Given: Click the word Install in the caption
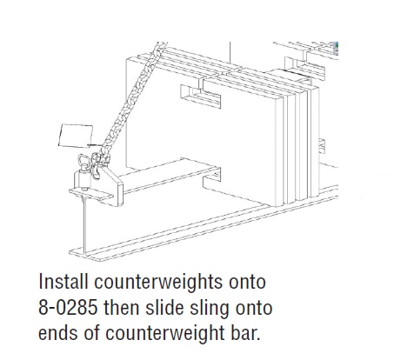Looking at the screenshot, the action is [63, 281].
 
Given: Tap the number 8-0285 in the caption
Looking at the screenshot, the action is [68, 307].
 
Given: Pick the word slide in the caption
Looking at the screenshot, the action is [164, 307].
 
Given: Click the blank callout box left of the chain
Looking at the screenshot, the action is [76, 136].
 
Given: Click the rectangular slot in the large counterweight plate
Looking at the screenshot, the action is [201, 96].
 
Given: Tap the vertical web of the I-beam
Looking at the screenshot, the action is [84, 224].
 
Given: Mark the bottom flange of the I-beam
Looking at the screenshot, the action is [203, 223].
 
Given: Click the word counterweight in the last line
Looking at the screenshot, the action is [164, 334].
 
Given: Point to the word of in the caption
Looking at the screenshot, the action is [92, 333].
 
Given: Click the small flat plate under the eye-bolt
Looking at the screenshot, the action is [90, 194].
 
